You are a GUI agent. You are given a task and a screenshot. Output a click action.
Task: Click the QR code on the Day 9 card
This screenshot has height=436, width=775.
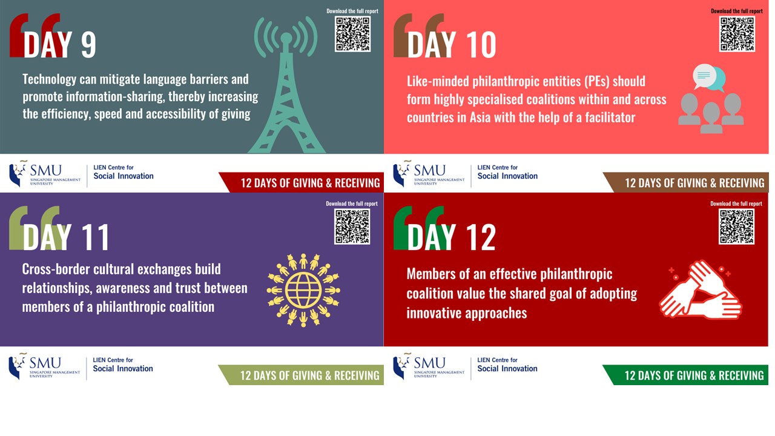(352, 34)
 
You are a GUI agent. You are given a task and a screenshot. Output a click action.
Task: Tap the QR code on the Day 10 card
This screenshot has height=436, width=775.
(737, 34)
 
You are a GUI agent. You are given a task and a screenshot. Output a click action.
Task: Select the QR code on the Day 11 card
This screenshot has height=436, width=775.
(352, 226)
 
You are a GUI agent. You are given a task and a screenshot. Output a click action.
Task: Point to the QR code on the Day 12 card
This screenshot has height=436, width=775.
(736, 226)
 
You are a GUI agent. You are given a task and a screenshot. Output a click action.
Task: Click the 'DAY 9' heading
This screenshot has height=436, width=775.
(59, 45)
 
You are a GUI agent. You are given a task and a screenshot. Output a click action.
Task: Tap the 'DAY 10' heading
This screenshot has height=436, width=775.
(452, 45)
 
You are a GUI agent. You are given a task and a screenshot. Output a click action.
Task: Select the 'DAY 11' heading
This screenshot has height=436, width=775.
(66, 237)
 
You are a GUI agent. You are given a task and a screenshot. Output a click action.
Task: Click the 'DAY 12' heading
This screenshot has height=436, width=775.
(452, 237)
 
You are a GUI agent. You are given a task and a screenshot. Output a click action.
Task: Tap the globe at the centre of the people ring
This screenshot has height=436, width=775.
(303, 290)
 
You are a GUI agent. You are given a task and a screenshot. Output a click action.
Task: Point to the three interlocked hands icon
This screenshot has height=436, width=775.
(701, 290)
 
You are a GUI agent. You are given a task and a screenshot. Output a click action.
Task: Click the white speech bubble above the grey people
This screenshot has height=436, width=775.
(704, 76)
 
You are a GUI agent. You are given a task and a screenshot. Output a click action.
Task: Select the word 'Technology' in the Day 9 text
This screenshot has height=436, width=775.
(50, 80)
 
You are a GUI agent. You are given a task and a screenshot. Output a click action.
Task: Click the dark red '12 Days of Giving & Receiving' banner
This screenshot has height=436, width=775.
(301, 182)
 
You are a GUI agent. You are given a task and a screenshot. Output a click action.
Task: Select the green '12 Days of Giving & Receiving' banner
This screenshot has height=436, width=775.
(685, 375)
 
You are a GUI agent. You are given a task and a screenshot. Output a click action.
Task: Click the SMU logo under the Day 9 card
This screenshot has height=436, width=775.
(45, 173)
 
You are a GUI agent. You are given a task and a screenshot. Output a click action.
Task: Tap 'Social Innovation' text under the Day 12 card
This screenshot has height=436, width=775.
(507, 369)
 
